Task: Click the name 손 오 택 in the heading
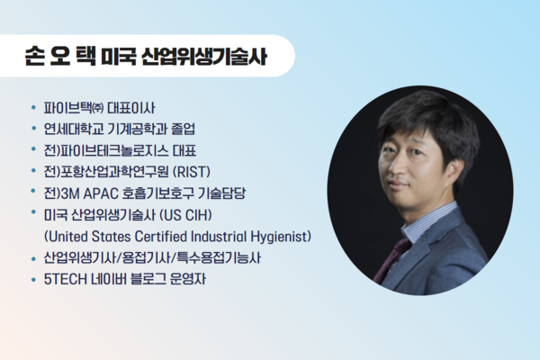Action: click(x=60, y=56)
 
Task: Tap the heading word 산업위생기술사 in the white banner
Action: click(x=204, y=56)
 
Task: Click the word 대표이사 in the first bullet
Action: click(x=131, y=108)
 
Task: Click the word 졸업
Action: click(x=183, y=130)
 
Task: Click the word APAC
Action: click(x=101, y=193)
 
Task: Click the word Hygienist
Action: click(x=281, y=237)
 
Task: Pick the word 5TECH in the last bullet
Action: click(x=66, y=279)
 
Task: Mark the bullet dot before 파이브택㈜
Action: click(x=33, y=108)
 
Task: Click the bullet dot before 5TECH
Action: click(x=33, y=279)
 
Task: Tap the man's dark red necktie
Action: click(x=391, y=261)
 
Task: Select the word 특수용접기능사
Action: click(x=219, y=258)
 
